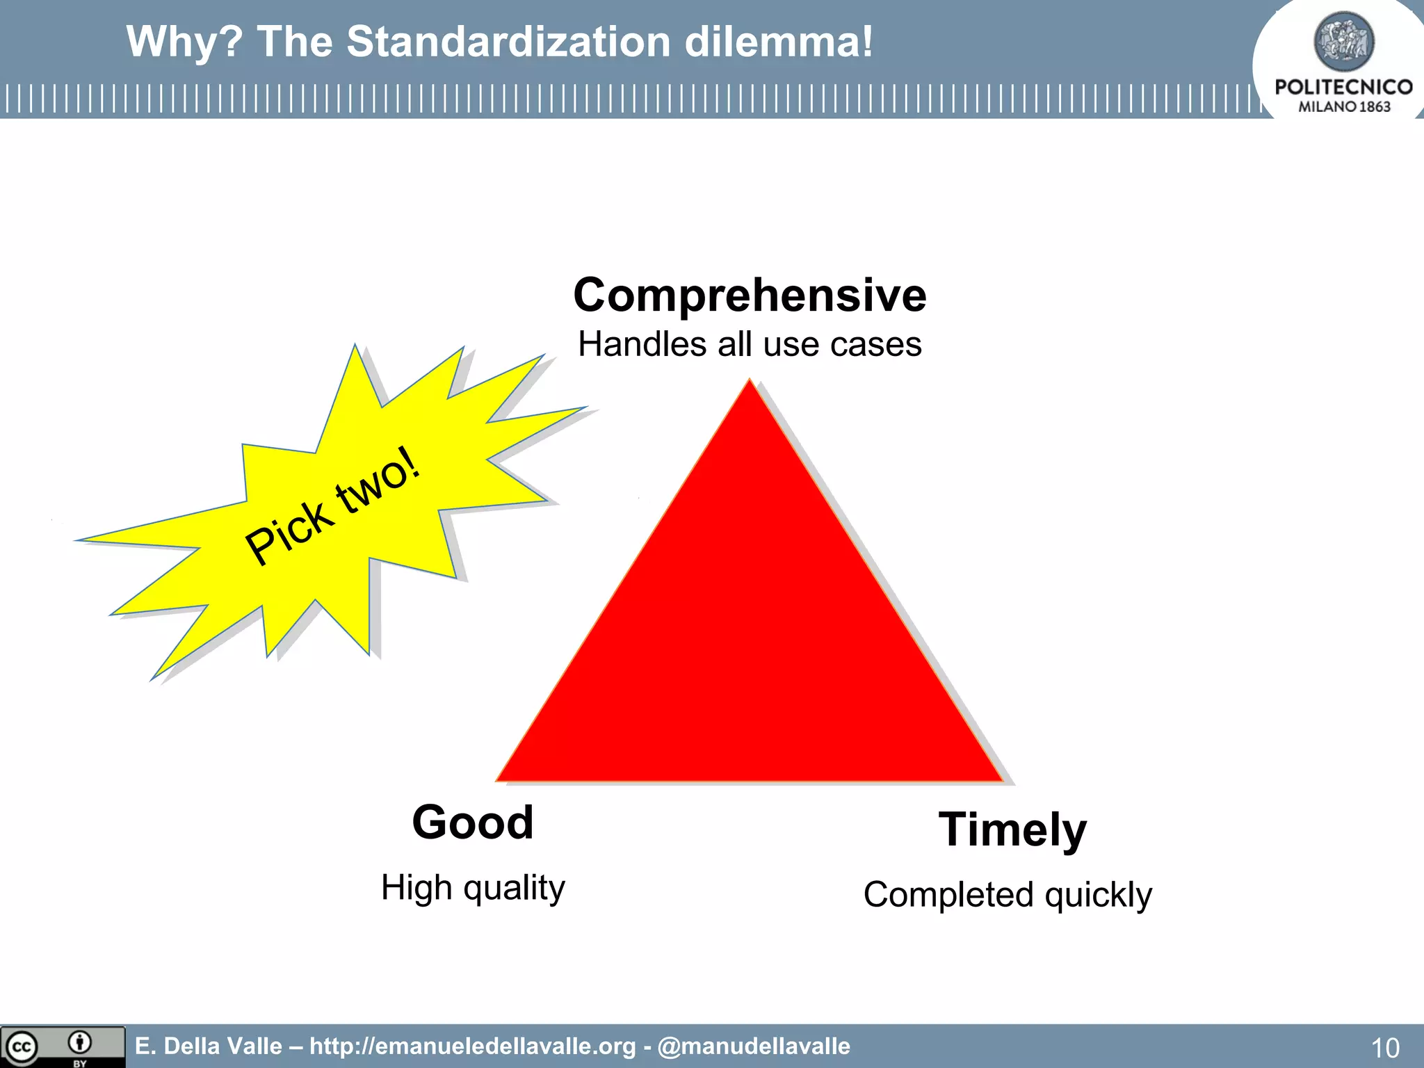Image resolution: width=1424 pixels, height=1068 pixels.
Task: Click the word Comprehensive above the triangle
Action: pos(750,295)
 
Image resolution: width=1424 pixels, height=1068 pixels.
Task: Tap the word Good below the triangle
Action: pos(473,823)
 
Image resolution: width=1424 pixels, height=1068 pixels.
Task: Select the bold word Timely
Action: pos(1012,830)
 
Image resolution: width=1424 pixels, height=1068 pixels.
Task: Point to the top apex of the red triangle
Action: pos(750,382)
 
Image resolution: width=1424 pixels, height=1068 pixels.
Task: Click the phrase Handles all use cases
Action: pos(750,344)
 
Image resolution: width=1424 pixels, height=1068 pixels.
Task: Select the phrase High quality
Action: pos(473,888)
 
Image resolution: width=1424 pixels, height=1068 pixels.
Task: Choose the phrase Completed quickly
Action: pos(1008,895)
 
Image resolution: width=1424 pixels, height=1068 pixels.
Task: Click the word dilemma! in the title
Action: pos(778,42)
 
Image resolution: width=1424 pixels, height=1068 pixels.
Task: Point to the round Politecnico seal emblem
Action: pos(1343,42)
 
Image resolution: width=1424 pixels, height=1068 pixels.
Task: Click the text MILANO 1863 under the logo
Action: pos(1343,107)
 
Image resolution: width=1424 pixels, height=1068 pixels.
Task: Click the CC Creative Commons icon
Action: pos(22,1046)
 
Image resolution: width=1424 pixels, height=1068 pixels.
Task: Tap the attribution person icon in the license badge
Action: pos(80,1042)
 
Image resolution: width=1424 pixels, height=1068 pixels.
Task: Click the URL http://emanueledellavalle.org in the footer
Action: pos(473,1046)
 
